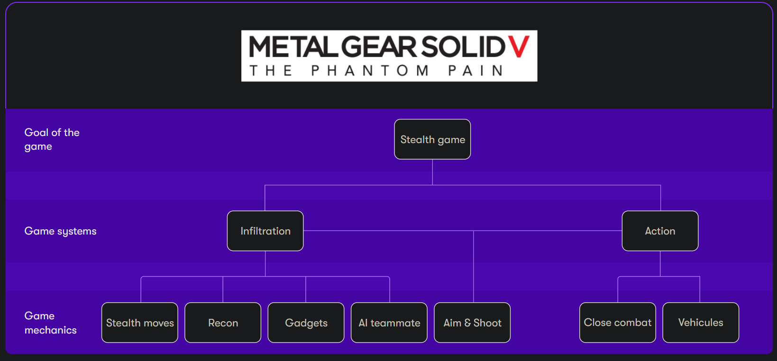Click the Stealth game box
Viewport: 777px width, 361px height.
[432, 139]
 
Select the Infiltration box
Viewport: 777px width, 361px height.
[265, 231]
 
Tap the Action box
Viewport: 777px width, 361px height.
[660, 231]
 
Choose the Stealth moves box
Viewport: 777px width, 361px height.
[140, 323]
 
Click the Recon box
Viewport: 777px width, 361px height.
[223, 323]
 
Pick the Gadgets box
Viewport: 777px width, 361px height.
[306, 323]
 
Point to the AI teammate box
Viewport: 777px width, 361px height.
[389, 323]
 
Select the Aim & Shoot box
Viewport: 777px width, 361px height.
[472, 323]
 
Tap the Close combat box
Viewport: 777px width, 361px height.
[617, 323]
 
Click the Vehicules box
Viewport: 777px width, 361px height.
[701, 323]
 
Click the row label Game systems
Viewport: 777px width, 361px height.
[60, 231]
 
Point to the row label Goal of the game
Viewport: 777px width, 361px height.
[52, 139]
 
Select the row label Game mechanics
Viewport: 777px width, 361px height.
[51, 323]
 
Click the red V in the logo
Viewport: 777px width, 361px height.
[519, 46]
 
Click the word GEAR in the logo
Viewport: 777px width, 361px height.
[378, 46]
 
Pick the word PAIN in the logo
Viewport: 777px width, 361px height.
[475, 71]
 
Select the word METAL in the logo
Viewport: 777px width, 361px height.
[293, 46]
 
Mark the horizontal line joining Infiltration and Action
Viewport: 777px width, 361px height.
[463, 231]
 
